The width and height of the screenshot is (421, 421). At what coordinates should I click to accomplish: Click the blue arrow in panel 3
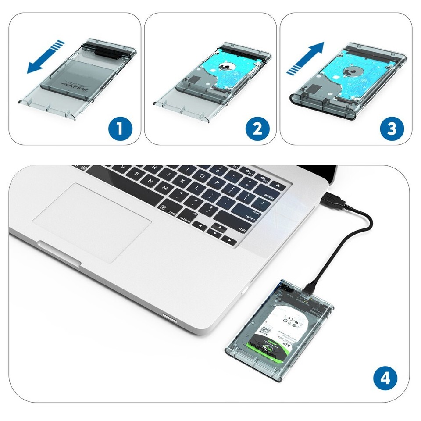(x=305, y=57)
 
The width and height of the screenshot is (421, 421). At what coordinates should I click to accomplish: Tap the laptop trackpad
(x=93, y=219)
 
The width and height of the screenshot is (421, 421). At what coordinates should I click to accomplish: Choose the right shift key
(x=241, y=228)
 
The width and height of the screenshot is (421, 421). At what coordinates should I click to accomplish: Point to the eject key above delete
(x=278, y=186)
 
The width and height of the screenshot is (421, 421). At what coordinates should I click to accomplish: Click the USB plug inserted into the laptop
(x=333, y=200)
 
